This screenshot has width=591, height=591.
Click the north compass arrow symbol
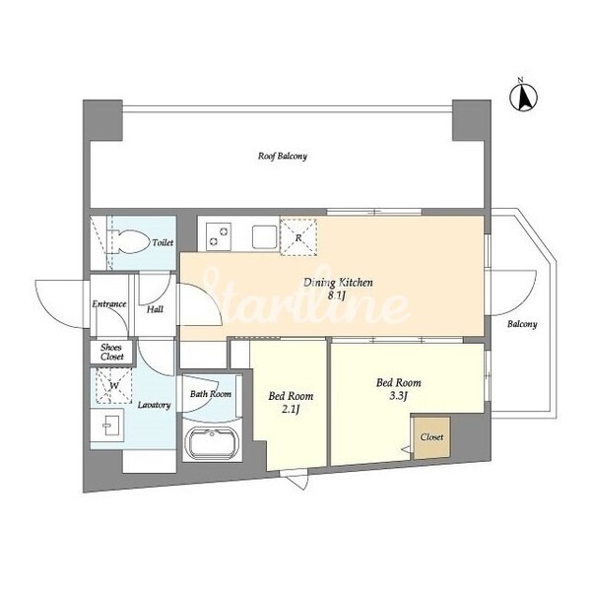(524, 98)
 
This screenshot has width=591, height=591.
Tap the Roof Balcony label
(283, 156)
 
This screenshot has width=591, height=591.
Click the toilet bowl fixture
(129, 240)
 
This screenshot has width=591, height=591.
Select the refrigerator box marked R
(298, 236)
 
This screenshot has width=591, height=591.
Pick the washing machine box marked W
(113, 385)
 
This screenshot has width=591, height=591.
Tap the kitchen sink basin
(264, 237)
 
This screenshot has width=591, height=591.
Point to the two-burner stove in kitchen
(219, 236)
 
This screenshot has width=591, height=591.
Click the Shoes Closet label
(111, 352)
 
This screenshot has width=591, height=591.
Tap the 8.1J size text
(336, 295)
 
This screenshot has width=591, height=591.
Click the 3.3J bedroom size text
(398, 395)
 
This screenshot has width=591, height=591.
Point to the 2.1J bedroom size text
(291, 409)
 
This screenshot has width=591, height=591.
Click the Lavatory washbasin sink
(108, 425)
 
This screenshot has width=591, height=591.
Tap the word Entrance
(109, 303)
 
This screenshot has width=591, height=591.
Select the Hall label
(155, 309)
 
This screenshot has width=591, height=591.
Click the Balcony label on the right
(522, 324)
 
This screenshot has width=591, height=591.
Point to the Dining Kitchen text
(338, 282)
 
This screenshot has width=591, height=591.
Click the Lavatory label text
(155, 405)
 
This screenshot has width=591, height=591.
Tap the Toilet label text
(163, 242)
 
